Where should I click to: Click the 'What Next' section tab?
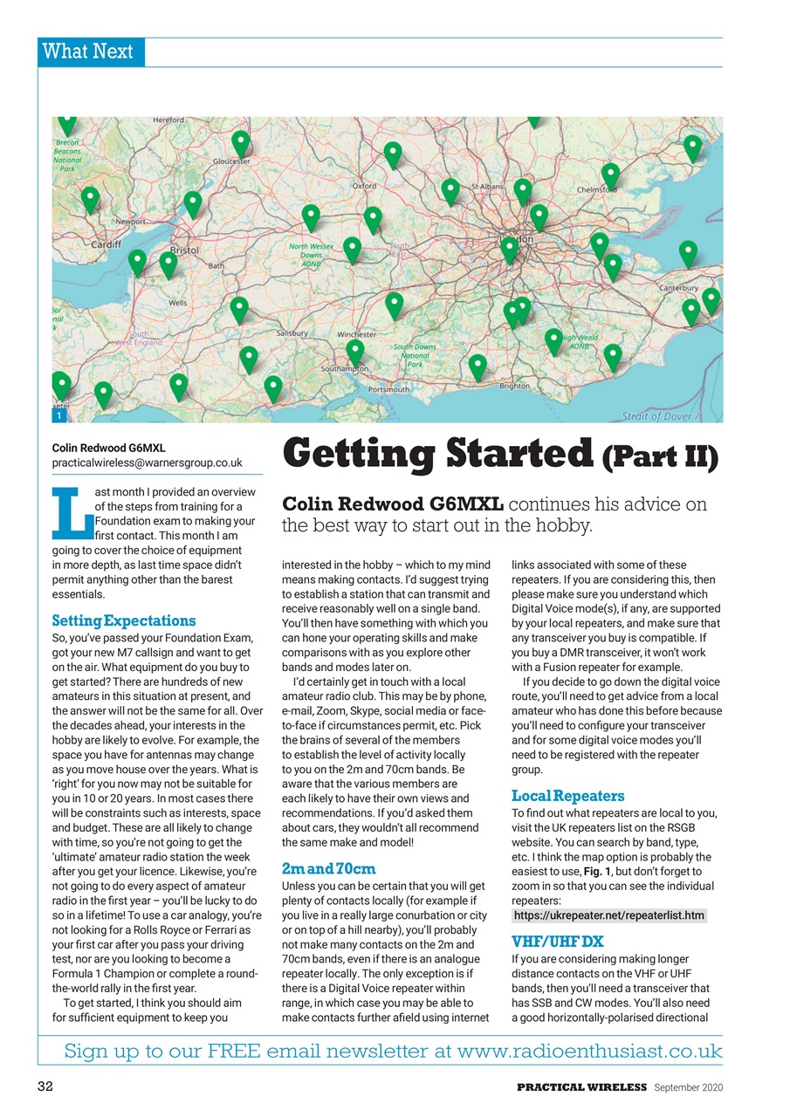tap(91, 51)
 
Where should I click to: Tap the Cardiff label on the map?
tap(106, 244)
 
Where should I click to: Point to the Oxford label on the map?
tap(364, 186)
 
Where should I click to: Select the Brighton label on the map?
tap(514, 386)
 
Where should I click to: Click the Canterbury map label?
tap(678, 287)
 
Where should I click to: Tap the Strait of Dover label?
tap(657, 416)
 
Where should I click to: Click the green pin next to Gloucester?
tap(241, 142)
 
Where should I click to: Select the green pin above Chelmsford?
tap(610, 174)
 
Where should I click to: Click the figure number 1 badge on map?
tap(58, 417)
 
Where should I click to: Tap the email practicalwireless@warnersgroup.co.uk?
tap(147, 462)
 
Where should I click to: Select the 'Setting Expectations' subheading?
tap(124, 621)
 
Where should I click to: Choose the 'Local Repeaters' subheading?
tap(567, 796)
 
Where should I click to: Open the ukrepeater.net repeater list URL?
tap(608, 915)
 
